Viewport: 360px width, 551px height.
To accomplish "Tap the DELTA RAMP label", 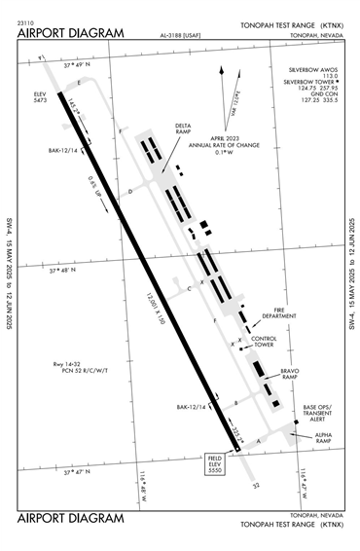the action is point(184,130).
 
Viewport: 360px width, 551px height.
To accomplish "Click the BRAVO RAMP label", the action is point(290,375).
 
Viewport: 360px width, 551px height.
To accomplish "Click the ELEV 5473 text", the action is point(39,98).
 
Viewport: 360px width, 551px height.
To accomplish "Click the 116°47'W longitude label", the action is point(306,476).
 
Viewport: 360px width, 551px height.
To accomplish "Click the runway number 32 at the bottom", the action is point(258,484).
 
